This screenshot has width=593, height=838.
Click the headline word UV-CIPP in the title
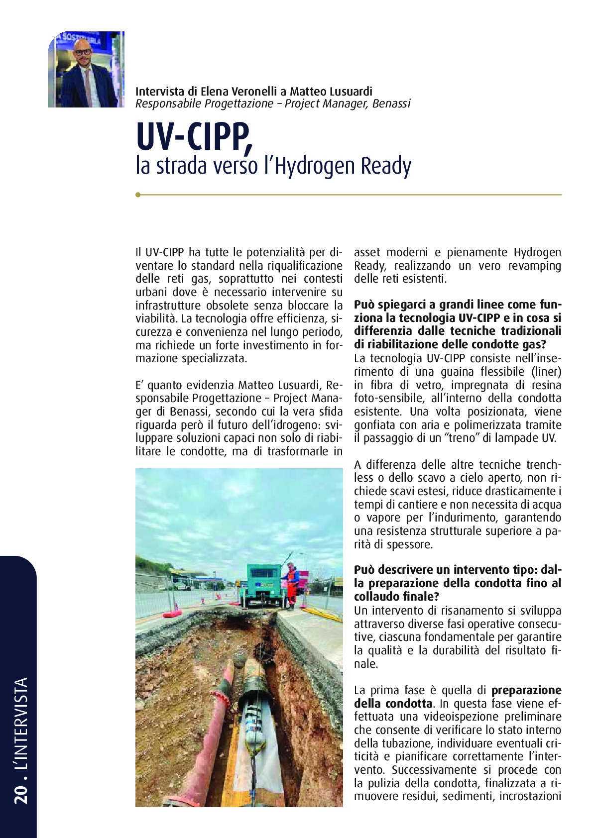pos(193,137)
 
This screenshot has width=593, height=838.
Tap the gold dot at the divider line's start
pos(138,195)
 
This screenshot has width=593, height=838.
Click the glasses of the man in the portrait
pos(83,51)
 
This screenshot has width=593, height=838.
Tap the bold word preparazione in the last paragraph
pos(526,690)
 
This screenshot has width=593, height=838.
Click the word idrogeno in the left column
pos(296,425)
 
